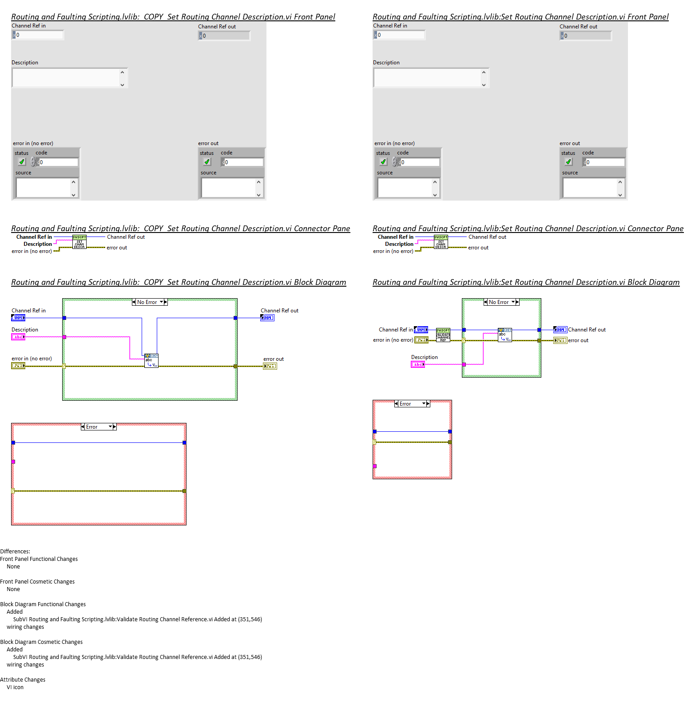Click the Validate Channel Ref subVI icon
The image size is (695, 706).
[443, 335]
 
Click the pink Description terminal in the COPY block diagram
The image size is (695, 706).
[18, 337]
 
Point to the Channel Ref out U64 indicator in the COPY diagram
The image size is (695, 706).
[267, 318]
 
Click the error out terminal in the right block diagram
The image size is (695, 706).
[560, 340]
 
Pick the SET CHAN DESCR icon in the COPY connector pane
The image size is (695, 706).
[79, 242]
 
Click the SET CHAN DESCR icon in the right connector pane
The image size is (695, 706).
[441, 242]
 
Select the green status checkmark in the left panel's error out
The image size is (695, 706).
[207, 162]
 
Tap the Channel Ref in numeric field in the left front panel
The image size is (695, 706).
[39, 35]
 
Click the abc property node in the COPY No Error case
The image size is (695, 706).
[151, 360]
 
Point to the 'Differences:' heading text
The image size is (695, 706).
[15, 552]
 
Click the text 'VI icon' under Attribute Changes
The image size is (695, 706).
[15, 687]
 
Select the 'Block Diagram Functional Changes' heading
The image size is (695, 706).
[43, 604]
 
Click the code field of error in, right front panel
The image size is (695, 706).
[419, 162]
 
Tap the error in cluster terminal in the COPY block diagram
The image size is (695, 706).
[18, 366]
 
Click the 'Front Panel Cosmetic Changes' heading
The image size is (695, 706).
[37, 582]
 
